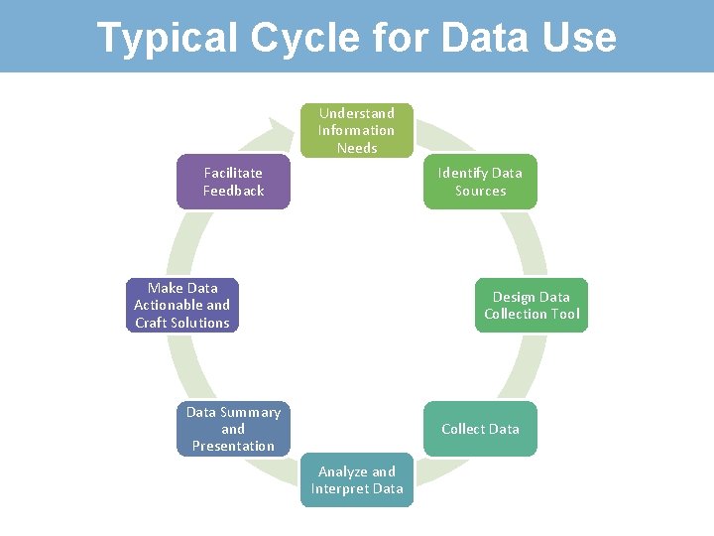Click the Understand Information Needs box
[x=357, y=130]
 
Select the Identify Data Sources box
[x=480, y=182]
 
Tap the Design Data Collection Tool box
[x=532, y=305]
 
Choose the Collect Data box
[x=480, y=429]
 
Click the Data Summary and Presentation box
[x=233, y=429]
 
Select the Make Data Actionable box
[x=182, y=305]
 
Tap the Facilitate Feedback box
[x=233, y=182]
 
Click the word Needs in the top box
[x=357, y=148]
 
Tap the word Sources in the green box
[x=480, y=191]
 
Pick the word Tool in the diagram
[x=564, y=314]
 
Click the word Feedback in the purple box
[x=233, y=191]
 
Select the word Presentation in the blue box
[x=233, y=446]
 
